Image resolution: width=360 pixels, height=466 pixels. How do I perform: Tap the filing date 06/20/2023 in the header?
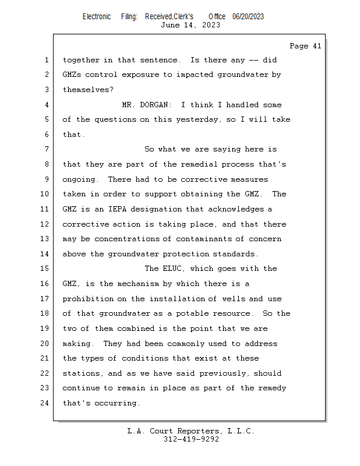tap(248, 17)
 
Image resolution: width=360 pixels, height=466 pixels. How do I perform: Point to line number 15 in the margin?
tap(45, 269)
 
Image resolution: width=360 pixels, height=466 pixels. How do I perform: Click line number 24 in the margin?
tap(45, 403)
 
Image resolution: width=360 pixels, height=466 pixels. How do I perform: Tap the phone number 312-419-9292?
tap(191, 439)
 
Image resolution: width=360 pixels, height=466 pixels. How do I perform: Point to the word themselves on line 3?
tap(87, 90)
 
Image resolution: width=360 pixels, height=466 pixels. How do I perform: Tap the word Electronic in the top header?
tap(97, 17)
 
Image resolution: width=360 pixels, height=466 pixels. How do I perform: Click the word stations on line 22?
tap(81, 373)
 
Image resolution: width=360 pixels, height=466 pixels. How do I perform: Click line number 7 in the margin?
tap(45, 149)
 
